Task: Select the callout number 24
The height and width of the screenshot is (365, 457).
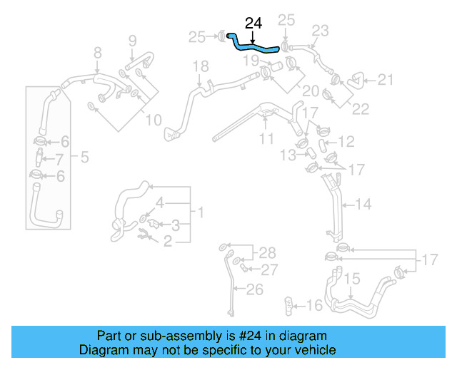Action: pyautogui.click(x=253, y=24)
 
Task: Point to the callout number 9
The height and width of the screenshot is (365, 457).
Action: pyautogui.click(x=132, y=41)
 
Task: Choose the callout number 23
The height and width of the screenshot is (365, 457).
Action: pyautogui.click(x=320, y=30)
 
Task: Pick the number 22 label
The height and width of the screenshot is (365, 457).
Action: pyautogui.click(x=361, y=108)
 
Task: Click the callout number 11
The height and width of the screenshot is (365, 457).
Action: pyautogui.click(x=266, y=139)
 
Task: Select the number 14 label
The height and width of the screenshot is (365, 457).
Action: pyautogui.click(x=363, y=205)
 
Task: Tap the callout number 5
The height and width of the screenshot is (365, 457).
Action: pyautogui.click(x=84, y=156)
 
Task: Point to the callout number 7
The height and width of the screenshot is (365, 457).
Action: pyautogui.click(x=60, y=159)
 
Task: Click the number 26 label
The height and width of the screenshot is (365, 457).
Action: pyautogui.click(x=255, y=289)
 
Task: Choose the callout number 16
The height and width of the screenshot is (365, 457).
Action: pyautogui.click(x=314, y=306)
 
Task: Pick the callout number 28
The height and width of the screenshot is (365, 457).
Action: pyautogui.click(x=266, y=252)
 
